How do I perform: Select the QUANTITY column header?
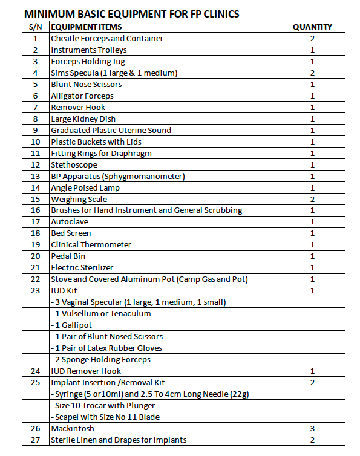pyautogui.click(x=312, y=27)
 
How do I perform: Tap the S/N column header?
pyautogui.click(x=35, y=27)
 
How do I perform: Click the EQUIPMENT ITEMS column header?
pyautogui.click(x=86, y=27)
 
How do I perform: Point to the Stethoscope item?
pyautogui.click(x=74, y=164)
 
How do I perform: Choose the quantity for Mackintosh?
pyautogui.click(x=312, y=428)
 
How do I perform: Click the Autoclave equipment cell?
pyautogui.click(x=70, y=222)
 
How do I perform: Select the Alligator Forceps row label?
pyautogui.click(x=82, y=96)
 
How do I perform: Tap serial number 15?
pyautogui.click(x=35, y=199)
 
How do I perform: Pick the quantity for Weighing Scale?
pyautogui.click(x=312, y=199)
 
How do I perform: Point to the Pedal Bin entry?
pyautogui.click(x=68, y=256)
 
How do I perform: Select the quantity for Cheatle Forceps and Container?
pyautogui.click(x=312, y=38)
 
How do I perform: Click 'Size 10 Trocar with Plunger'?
pyautogui.click(x=103, y=405)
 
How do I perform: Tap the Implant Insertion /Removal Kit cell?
pyautogui.click(x=108, y=382)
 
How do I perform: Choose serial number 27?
pyautogui.click(x=35, y=440)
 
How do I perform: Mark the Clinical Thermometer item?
pyautogui.click(x=91, y=245)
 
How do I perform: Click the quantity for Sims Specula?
pyautogui.click(x=312, y=73)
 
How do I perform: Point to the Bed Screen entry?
pyautogui.click(x=71, y=233)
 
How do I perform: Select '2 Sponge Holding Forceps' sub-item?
pyautogui.click(x=101, y=359)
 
